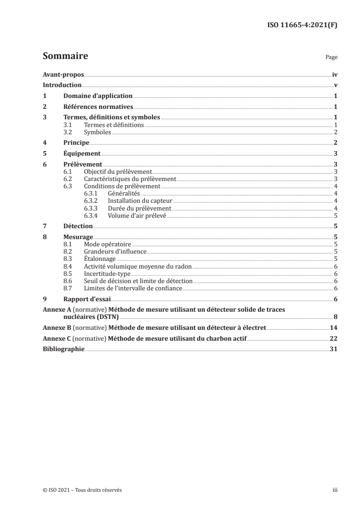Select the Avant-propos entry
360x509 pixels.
[63, 74]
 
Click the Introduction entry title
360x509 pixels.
[62, 85]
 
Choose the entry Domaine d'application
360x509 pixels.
[98, 96]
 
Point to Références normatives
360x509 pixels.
[98, 107]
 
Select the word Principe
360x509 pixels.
[76, 142]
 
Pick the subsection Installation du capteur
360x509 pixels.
[140, 201]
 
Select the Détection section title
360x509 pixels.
[78, 226]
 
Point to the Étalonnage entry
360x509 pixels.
[99, 259]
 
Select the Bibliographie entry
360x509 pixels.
[63, 349]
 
